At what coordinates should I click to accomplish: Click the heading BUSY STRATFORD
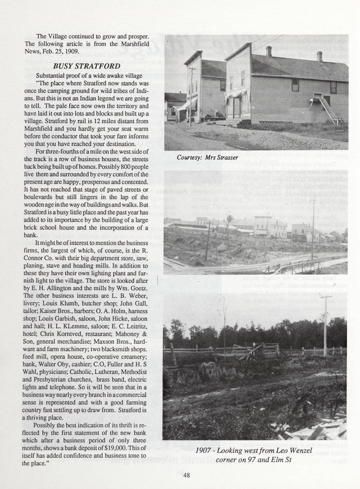click(x=87, y=67)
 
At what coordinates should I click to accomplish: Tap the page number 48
click(x=187, y=476)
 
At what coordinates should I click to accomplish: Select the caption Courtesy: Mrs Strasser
click(x=207, y=157)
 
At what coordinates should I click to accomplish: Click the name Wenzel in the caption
click(x=298, y=451)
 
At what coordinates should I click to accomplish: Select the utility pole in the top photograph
click(x=192, y=96)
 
